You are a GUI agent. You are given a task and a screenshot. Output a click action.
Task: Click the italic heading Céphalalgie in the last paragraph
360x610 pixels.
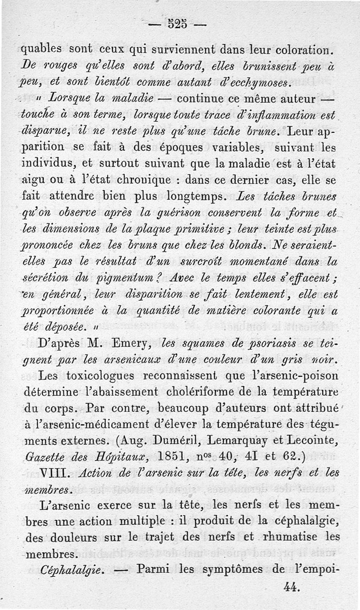tap(65, 570)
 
